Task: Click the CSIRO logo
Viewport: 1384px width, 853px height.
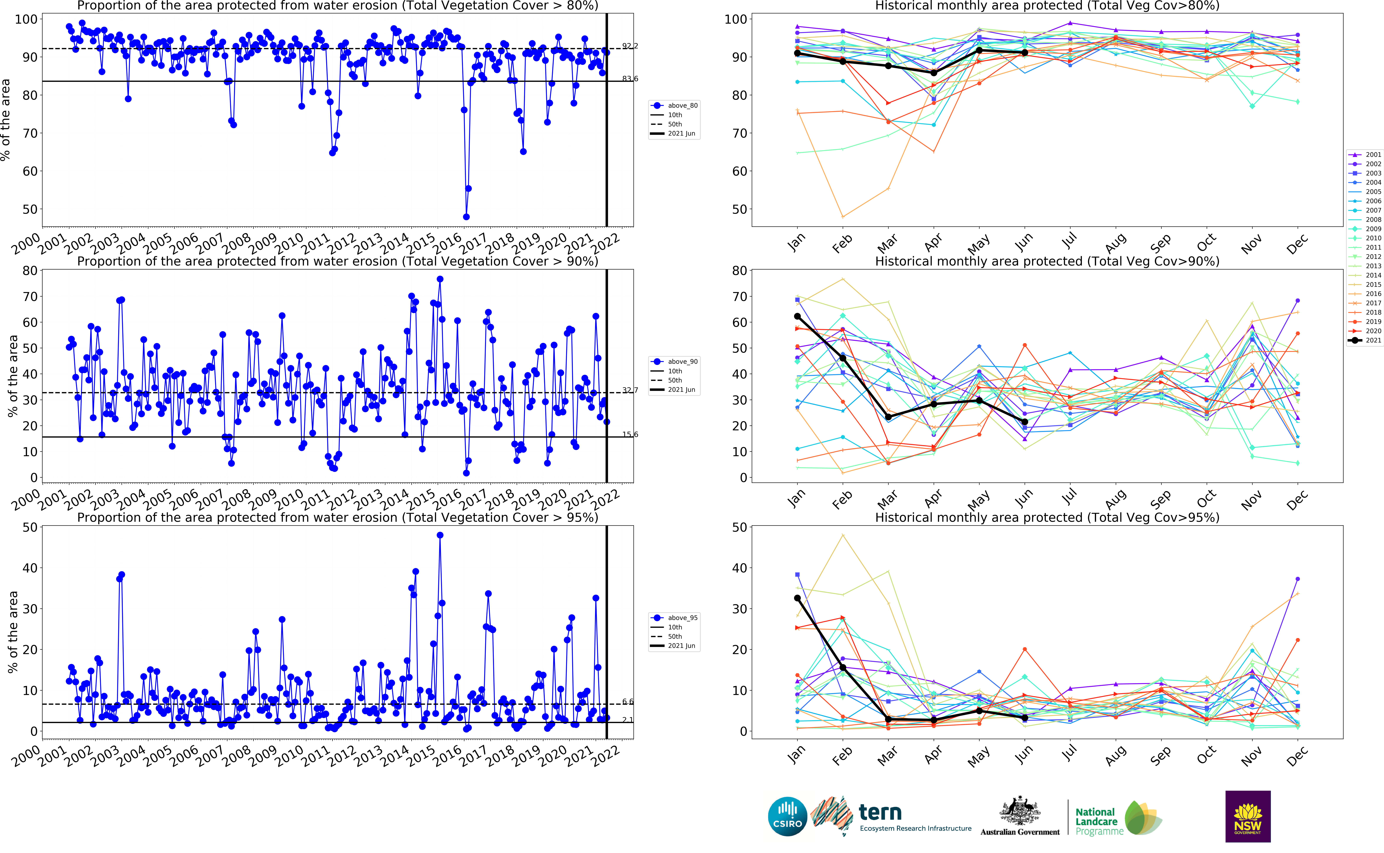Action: tap(787, 816)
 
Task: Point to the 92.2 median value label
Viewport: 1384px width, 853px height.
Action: tap(630, 46)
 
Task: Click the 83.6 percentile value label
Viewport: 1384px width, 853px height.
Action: tap(630, 78)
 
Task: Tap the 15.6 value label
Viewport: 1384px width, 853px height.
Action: tap(630, 434)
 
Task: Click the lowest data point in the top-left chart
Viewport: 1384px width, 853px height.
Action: tap(466, 217)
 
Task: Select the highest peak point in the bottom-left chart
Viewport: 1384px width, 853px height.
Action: tap(440, 535)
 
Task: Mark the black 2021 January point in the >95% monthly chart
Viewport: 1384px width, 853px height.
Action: tap(797, 598)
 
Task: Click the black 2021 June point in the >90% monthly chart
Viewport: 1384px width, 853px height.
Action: tap(1025, 422)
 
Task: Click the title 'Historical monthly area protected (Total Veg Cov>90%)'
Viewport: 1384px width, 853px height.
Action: tap(1047, 261)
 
